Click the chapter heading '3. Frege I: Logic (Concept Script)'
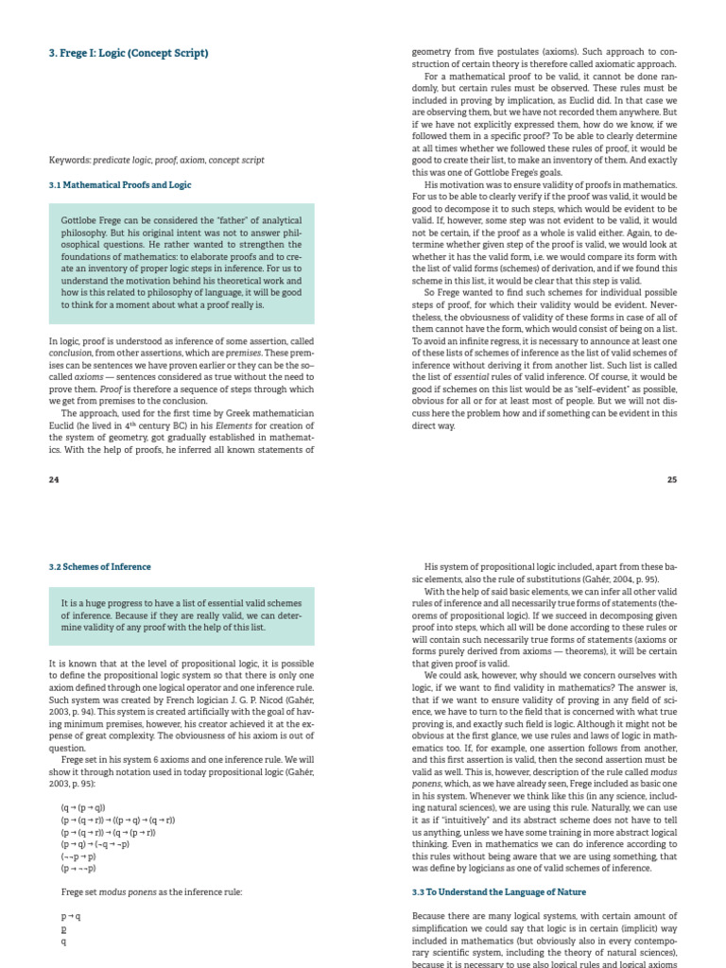click(x=129, y=53)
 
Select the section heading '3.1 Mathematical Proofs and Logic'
click(x=120, y=185)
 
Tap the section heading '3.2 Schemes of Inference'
click(x=99, y=566)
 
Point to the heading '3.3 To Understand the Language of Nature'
click(x=499, y=891)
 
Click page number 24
click(x=54, y=479)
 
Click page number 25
click(x=672, y=479)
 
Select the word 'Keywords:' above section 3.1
click(x=68, y=160)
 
